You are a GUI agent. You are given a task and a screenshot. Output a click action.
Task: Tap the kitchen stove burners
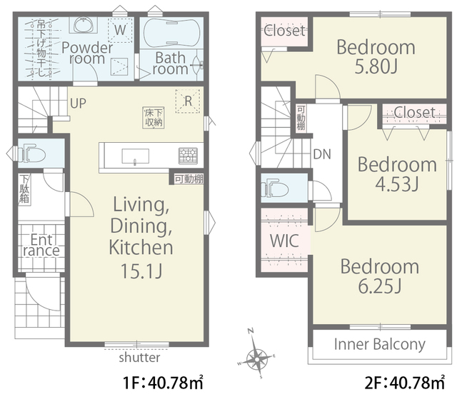[188, 156]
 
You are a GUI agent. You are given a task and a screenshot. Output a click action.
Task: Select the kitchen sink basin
[135, 156]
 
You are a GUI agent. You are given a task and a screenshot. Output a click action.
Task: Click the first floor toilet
[32, 153]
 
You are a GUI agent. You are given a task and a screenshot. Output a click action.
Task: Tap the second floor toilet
[274, 189]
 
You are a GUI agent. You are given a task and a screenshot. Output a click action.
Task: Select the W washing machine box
[120, 30]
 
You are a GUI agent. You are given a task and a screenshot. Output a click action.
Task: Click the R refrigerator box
[188, 101]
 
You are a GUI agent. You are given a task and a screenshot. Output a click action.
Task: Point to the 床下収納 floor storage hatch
[154, 118]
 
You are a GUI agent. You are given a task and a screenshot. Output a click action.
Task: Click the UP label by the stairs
[78, 104]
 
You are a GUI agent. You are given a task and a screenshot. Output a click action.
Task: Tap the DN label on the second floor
[322, 154]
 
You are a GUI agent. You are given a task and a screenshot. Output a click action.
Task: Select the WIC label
[284, 241]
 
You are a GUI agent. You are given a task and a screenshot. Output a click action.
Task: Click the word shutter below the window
[139, 357]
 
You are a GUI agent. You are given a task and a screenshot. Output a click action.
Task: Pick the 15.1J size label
[141, 271]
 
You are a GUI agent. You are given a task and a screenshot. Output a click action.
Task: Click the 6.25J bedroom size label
[379, 286]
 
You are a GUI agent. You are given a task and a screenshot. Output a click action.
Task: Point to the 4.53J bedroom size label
[397, 184]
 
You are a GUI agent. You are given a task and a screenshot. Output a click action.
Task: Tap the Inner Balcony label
[379, 344]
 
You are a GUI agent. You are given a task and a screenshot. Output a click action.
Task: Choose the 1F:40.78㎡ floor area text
[163, 382]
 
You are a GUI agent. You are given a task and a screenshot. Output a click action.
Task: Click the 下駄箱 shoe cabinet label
[24, 189]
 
